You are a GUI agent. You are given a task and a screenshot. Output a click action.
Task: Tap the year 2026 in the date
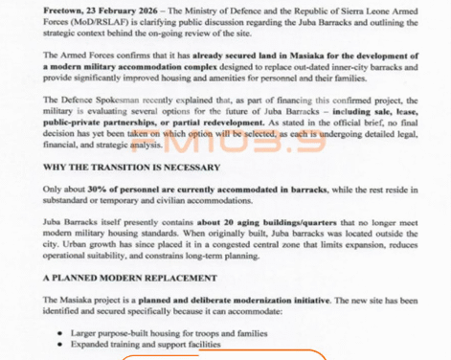pos(145,11)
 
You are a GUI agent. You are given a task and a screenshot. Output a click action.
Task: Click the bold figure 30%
pos(98,190)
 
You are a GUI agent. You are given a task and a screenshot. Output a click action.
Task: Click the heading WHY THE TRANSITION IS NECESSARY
pos(131,168)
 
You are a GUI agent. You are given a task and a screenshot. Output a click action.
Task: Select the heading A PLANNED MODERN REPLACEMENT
pos(129,279)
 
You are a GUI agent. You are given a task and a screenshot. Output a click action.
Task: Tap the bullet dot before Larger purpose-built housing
pos(60,334)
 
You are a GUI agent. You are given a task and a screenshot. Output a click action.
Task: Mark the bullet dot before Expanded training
pos(60,345)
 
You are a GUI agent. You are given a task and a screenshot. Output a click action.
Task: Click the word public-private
pos(75,124)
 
